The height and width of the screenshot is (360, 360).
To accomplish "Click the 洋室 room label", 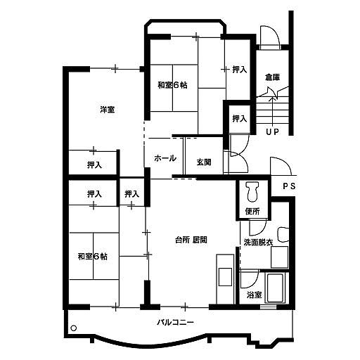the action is pyautogui.click(x=108, y=110).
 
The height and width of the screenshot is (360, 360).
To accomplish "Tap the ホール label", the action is pyautogui.click(x=165, y=158).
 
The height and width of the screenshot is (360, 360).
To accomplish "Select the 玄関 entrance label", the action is pyautogui.click(x=204, y=162).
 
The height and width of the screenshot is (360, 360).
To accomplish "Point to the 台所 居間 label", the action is pyautogui.click(x=191, y=240).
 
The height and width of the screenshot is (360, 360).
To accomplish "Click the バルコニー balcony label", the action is pyautogui.click(x=176, y=323).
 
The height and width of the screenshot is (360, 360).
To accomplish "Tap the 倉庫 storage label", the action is pyautogui.click(x=272, y=77).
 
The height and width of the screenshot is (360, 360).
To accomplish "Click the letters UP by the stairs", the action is pyautogui.click(x=273, y=132).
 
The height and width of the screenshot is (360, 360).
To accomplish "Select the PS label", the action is pyautogui.click(x=289, y=186).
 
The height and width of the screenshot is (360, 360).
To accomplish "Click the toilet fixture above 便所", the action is pyautogui.click(x=252, y=192).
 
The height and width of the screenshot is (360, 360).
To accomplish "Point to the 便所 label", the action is pyautogui.click(x=252, y=212).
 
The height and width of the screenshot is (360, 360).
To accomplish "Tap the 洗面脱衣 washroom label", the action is pyautogui.click(x=258, y=243).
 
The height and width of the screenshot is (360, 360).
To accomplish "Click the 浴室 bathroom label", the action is pyautogui.click(x=254, y=295).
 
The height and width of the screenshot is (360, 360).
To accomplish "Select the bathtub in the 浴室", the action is pyautogui.click(x=275, y=288).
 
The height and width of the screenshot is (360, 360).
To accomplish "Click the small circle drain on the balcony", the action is pyautogui.click(x=74, y=328).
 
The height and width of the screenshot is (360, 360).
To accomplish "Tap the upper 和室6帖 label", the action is pyautogui.click(x=172, y=85).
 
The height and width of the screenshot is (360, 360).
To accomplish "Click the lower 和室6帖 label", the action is pyautogui.click(x=92, y=257).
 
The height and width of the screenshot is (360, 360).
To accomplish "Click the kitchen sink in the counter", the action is pyautogui.click(x=225, y=277).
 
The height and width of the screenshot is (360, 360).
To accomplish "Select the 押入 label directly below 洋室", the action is pyautogui.click(x=94, y=165).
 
